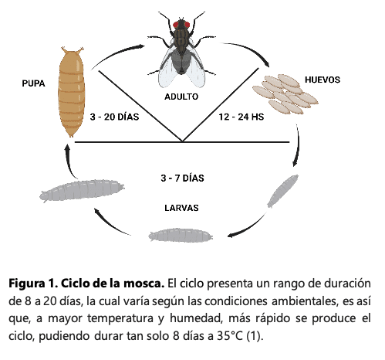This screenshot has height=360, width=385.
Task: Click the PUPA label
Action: (x=33, y=83)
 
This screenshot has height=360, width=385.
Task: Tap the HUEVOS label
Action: (x=323, y=80)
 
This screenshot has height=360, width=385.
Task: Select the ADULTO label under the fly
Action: (x=181, y=97)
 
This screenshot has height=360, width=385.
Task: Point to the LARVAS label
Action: (x=181, y=208)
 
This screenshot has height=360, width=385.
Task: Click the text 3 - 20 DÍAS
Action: (x=114, y=117)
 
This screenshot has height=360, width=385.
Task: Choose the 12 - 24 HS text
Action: (x=241, y=117)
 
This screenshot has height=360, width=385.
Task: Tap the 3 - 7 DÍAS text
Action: (x=182, y=178)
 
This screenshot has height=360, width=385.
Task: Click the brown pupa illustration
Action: (x=71, y=92)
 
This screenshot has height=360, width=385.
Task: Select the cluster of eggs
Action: (x=285, y=94)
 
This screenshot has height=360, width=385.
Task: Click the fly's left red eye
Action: (x=176, y=25)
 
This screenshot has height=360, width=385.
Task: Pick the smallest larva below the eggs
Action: (x=283, y=191)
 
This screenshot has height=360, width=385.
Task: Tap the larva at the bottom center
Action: (x=181, y=235)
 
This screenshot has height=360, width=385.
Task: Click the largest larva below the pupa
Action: (x=82, y=190)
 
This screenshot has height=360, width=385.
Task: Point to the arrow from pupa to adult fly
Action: (x=117, y=54)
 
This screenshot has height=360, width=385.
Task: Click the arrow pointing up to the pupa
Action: (x=69, y=160)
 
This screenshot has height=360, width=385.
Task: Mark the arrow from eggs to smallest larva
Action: (x=298, y=145)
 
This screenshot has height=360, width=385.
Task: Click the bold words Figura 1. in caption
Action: (x=33, y=284)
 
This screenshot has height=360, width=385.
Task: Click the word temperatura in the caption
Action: (x=120, y=318)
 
